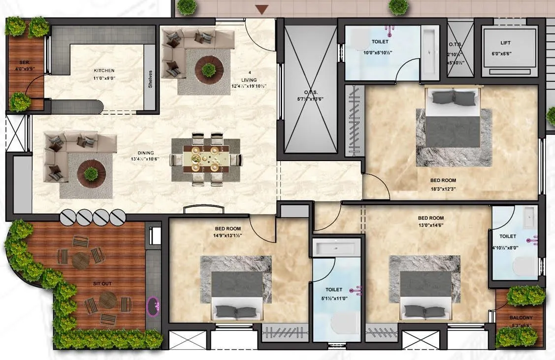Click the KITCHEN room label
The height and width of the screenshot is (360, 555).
pos(104,70)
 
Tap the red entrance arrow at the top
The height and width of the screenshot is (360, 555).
pos(262,9)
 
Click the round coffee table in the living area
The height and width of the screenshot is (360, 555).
pos(209,69)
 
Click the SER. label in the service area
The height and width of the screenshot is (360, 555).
pos(24,63)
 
